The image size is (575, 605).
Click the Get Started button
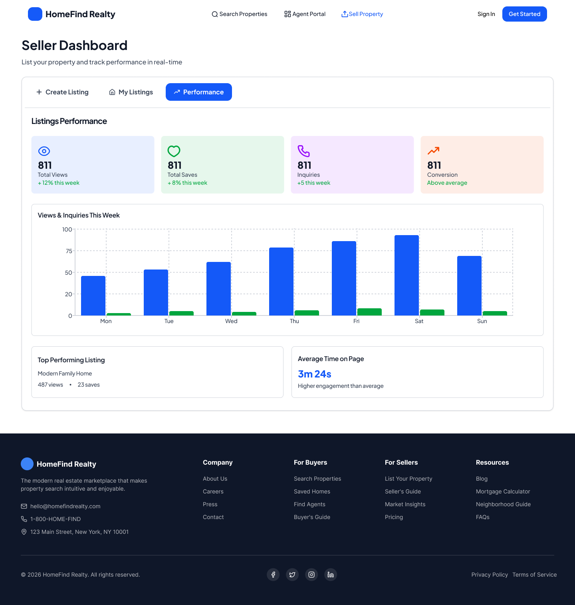524,14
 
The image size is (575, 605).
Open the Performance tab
199,92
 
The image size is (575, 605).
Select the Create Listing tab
63,92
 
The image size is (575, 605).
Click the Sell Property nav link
362,14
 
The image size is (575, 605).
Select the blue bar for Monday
93,296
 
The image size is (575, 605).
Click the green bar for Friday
369,312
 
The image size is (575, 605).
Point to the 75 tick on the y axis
69,251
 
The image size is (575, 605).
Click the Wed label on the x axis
231,321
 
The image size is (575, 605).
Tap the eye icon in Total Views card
44,151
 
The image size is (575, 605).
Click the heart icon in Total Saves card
174,151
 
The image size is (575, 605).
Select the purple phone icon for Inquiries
303,151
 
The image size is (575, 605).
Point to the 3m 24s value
315,374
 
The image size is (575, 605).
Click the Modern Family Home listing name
65,373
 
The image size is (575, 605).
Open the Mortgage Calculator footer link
503,491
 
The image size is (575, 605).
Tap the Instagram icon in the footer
311,575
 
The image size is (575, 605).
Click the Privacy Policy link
490,575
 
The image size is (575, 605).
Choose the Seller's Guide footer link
402,491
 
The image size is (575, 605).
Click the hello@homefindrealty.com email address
65,506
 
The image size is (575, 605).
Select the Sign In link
486,14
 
